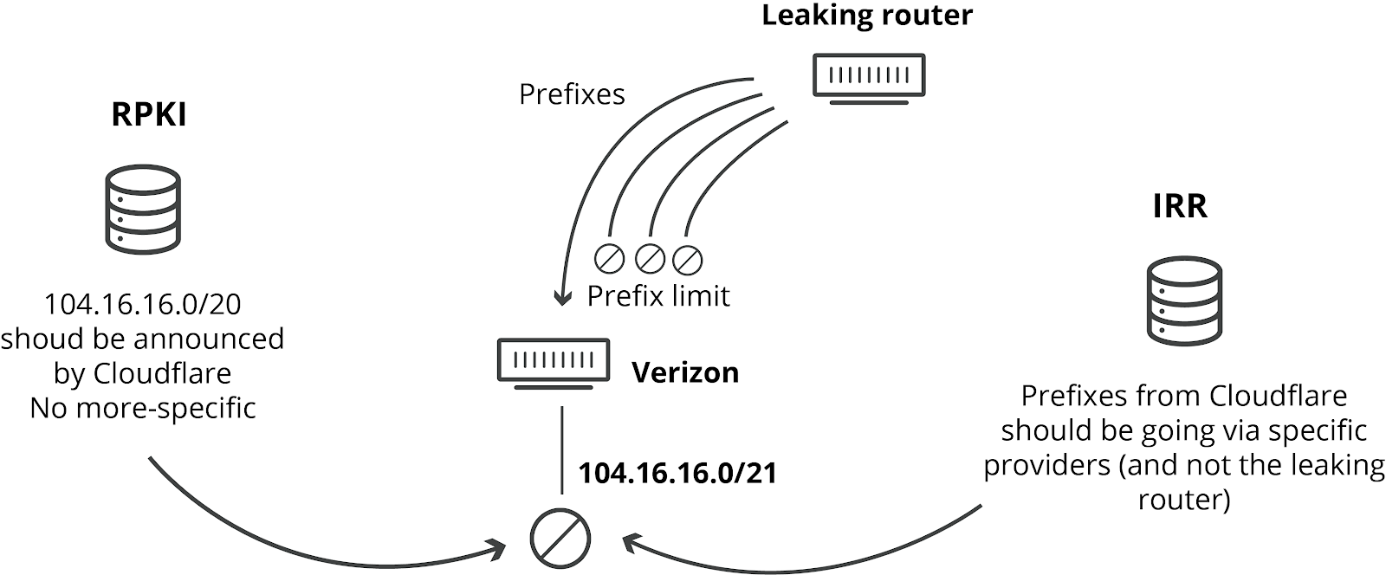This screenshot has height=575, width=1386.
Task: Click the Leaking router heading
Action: point(867,15)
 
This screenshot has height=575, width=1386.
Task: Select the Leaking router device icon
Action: point(869,77)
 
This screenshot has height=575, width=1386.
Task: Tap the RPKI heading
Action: point(149,115)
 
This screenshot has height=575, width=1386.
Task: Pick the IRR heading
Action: point(1180,206)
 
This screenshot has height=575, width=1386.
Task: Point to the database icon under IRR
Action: point(1184,300)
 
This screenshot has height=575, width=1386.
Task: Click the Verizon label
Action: point(685,372)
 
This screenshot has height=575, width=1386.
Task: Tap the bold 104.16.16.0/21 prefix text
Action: point(677,473)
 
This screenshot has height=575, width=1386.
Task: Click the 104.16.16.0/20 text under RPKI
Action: point(143,304)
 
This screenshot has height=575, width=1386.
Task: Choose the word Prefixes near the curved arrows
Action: point(572,94)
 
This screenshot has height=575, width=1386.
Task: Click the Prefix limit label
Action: point(658,296)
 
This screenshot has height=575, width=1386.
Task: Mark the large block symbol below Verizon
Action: point(560,538)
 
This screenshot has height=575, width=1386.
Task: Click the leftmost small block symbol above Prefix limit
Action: point(609,258)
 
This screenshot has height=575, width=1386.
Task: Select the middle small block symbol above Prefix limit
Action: point(649,258)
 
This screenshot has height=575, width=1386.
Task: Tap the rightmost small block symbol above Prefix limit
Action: point(687,258)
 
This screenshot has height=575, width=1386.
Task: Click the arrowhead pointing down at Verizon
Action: point(563,299)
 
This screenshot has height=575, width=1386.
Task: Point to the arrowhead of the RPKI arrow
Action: point(499,548)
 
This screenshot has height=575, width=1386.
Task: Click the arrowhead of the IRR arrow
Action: point(629,543)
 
